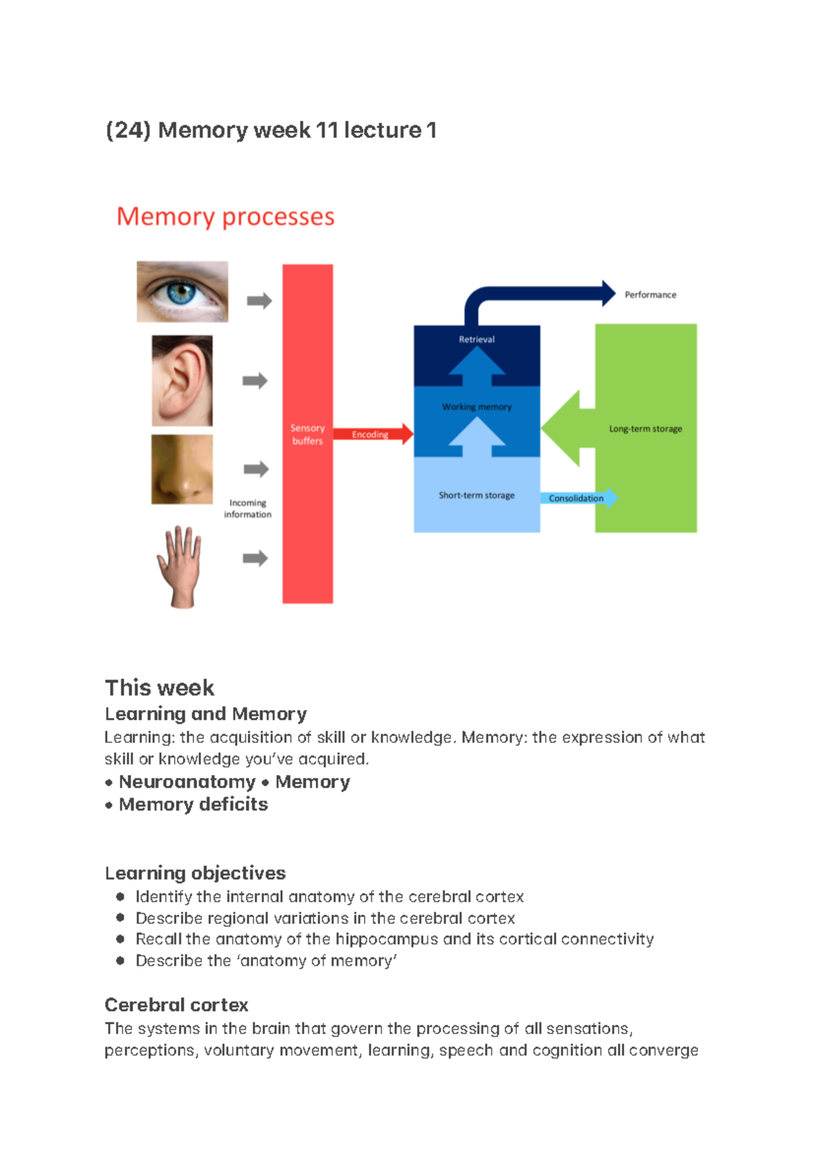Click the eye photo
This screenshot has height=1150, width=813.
(x=182, y=292)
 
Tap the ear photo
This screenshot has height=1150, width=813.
(x=182, y=381)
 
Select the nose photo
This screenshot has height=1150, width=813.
(x=182, y=469)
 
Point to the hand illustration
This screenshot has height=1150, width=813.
(x=180, y=566)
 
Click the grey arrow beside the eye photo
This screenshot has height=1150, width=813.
(x=259, y=301)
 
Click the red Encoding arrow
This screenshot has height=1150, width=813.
(x=373, y=434)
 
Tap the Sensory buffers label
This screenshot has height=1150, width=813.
(x=308, y=434)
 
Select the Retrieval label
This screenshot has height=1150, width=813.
(x=476, y=339)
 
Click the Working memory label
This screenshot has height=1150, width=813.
(x=476, y=407)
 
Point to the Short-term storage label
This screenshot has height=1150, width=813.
(x=476, y=495)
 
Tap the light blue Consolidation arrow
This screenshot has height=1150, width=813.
(x=578, y=498)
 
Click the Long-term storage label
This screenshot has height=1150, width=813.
(x=645, y=429)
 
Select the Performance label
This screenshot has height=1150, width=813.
(x=650, y=295)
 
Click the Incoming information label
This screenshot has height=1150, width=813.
(x=247, y=509)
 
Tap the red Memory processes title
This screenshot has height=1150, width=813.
(x=226, y=217)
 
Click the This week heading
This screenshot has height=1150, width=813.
(x=160, y=687)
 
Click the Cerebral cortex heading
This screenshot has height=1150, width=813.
(x=176, y=1004)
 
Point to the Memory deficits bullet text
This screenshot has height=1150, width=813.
(x=193, y=805)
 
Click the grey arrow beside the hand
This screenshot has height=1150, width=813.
(x=255, y=558)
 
